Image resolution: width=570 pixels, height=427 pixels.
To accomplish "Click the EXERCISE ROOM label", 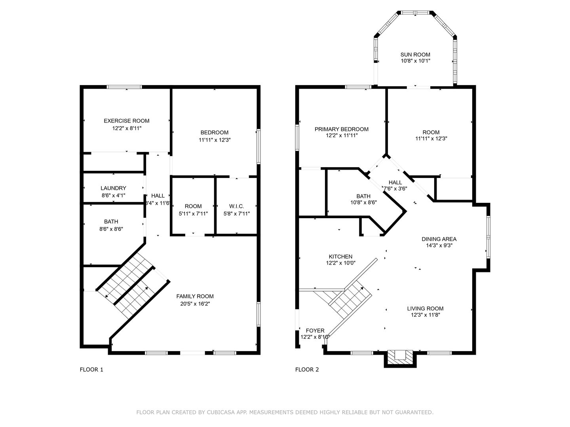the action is click(126, 121).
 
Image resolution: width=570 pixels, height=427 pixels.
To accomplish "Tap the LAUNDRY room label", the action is click(113, 188).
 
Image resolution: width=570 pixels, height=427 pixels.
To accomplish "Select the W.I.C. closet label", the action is click(237, 206).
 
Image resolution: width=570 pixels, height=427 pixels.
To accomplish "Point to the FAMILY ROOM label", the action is click(195, 297).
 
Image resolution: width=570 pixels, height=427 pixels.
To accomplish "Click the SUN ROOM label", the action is click(415, 55).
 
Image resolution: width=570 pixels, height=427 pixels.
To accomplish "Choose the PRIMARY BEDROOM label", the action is click(342, 129).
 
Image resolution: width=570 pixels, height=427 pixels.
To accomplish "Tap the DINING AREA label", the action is click(439, 239).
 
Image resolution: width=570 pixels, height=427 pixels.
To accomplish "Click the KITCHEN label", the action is click(340, 257).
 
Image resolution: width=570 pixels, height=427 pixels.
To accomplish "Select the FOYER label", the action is click(315, 331).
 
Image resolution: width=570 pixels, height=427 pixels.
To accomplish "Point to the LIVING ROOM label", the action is click(425, 308).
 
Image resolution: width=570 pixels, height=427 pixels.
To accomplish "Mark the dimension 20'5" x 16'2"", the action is click(195, 304).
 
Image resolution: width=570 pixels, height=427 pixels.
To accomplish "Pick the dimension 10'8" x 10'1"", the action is click(415, 61).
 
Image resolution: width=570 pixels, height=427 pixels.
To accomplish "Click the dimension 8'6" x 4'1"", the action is click(113, 195).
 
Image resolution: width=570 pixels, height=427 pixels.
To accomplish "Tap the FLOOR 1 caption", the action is click(91, 370).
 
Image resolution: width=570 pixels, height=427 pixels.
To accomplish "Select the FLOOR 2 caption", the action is click(307, 370).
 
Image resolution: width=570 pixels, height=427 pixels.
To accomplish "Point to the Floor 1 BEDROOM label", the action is click(214, 133).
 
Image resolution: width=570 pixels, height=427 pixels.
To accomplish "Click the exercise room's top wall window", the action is click(124, 87).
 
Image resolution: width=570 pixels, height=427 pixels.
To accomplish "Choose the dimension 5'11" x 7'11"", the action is click(193, 214).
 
